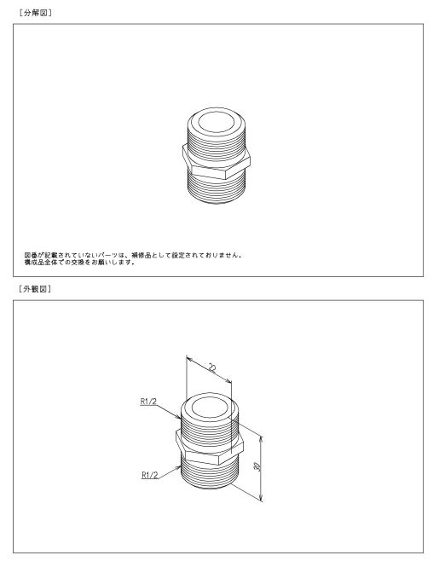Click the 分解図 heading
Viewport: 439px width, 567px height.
[x=35, y=13]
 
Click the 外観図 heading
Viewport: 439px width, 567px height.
[x=35, y=289]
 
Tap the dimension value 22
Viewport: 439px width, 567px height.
[x=212, y=368]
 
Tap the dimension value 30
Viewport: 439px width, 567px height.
[x=257, y=466]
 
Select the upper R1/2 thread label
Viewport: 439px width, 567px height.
[x=148, y=402]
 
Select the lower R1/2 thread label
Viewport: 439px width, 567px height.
[x=150, y=475]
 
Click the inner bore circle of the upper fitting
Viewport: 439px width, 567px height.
[x=217, y=121]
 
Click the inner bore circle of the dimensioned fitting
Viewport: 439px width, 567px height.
[x=210, y=408]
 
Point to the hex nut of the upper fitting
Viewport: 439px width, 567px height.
[x=217, y=162]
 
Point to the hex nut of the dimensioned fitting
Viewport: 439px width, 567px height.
[x=210, y=448]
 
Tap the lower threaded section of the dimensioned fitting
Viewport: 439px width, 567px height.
[x=210, y=474]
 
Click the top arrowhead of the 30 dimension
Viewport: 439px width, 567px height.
[x=261, y=439]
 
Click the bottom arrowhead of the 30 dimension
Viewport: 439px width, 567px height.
[x=262, y=498]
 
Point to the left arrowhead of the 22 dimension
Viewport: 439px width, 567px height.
[x=189, y=359]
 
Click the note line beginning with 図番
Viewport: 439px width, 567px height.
[x=133, y=255]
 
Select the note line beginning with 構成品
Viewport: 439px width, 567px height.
[x=79, y=262]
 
